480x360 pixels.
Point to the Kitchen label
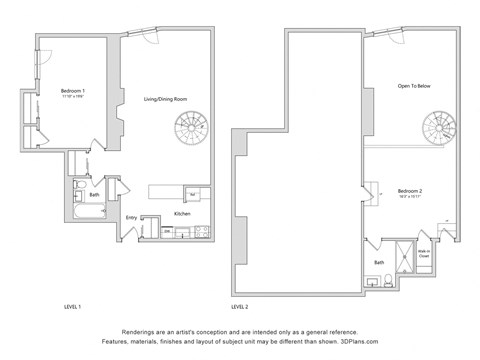pyautogui.click(x=182, y=214)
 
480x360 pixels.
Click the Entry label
pyautogui.click(x=131, y=216)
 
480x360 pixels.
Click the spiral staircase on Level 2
pyautogui.click(x=437, y=127)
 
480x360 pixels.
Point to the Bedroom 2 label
pyautogui.click(x=410, y=190)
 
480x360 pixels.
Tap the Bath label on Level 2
pyautogui.click(x=380, y=262)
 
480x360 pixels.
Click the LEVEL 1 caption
pyautogui.click(x=72, y=306)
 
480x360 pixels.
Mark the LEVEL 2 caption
pyautogui.click(x=241, y=306)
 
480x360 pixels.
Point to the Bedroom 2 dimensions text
pyautogui.click(x=410, y=196)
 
